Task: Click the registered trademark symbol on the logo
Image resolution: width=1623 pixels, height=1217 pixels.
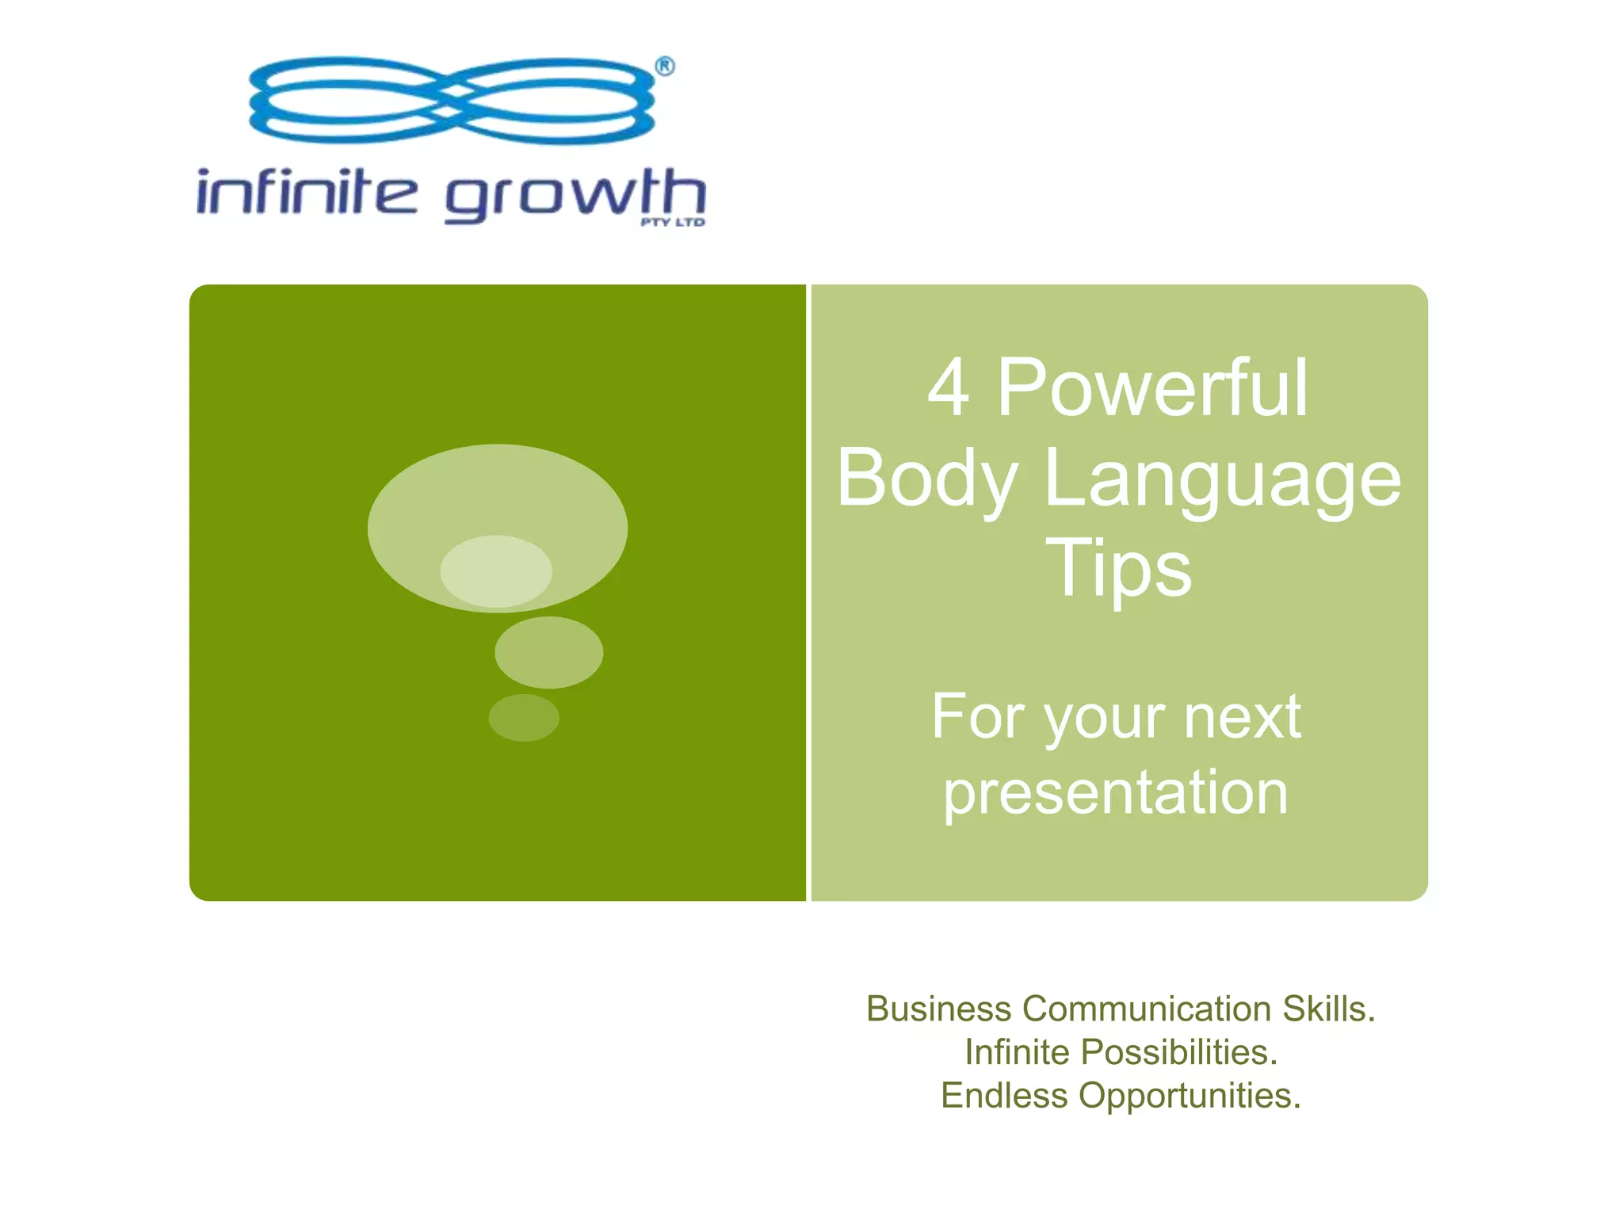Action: click(665, 67)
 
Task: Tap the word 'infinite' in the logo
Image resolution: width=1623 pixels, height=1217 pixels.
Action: click(306, 193)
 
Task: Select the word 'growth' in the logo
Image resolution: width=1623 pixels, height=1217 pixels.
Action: click(575, 195)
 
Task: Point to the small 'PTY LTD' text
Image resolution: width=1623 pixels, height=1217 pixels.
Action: click(673, 223)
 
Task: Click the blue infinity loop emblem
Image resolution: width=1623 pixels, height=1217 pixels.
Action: click(452, 101)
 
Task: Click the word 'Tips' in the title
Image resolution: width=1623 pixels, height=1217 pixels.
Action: click(1118, 569)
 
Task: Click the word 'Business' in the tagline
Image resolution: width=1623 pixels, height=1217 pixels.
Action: click(938, 1009)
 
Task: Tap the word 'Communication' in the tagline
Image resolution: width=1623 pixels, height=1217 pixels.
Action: click(1147, 1009)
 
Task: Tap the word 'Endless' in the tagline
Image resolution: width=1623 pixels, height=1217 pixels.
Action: click(1004, 1097)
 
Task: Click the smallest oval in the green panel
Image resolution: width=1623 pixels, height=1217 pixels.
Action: click(524, 718)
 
